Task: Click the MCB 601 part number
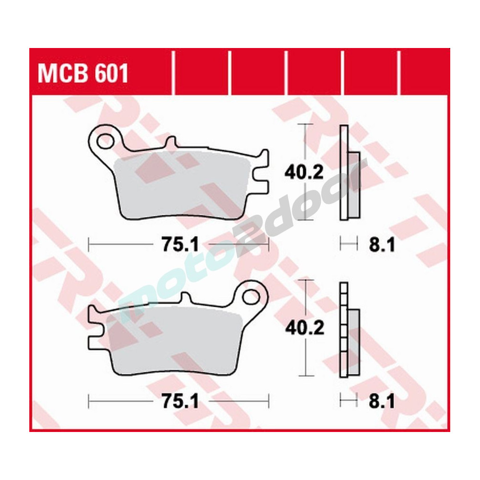pos(83,74)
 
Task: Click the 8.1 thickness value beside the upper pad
pos(382,246)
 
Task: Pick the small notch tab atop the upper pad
pos(170,142)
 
